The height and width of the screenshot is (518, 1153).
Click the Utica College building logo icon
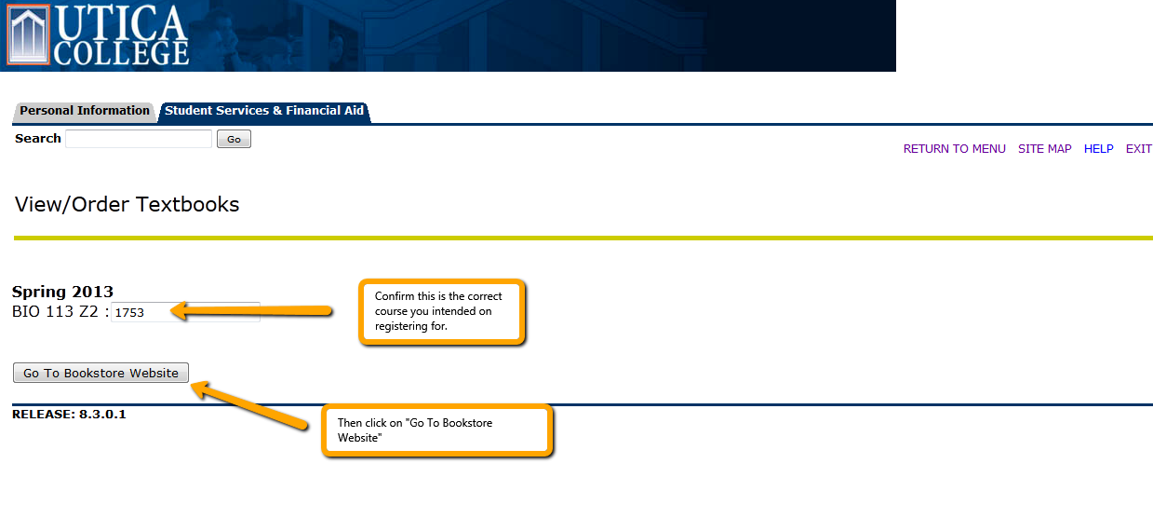[x=28, y=35]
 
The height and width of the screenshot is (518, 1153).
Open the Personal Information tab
[x=85, y=111]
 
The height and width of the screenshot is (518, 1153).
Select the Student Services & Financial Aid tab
[x=264, y=111]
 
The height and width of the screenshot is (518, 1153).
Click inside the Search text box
[x=139, y=139]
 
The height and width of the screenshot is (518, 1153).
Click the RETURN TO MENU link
[x=954, y=149]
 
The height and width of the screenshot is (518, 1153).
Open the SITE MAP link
[x=1044, y=149]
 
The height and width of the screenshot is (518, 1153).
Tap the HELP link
[x=1098, y=149]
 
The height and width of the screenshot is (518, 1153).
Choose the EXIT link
[x=1139, y=149]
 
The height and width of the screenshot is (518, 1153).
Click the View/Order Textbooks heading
[x=127, y=205]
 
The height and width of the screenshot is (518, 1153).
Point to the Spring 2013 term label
[x=62, y=292]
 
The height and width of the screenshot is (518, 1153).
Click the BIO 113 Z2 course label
[x=55, y=312]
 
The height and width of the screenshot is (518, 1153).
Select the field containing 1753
[x=185, y=312]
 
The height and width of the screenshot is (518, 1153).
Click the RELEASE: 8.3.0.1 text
[x=69, y=415]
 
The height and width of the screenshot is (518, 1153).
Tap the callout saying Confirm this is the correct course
[x=442, y=311]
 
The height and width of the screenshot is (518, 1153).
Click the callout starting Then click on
[x=437, y=430]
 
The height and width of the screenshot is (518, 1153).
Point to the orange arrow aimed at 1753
[x=251, y=311]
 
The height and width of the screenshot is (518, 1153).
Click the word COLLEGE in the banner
[x=121, y=54]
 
